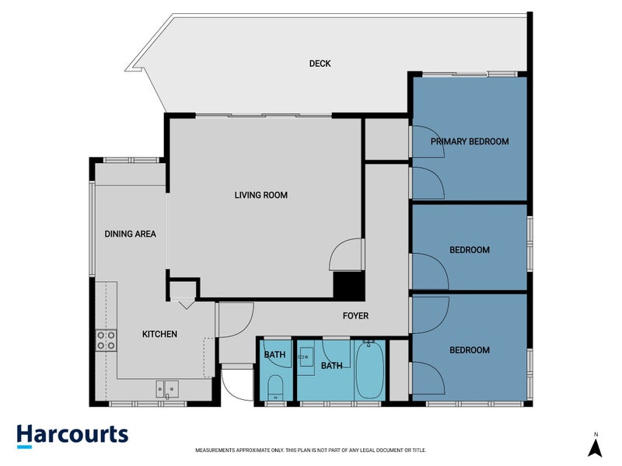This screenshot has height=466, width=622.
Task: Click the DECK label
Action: (320, 64)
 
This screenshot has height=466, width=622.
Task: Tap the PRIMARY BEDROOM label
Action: (470, 141)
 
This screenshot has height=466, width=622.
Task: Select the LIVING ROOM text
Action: (261, 195)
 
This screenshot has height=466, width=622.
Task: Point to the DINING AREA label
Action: (131, 234)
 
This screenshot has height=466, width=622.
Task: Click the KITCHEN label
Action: (159, 334)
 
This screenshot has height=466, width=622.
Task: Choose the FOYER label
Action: (355, 316)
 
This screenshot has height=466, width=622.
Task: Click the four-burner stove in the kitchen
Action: (106, 339)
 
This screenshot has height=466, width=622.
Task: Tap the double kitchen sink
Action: (166, 388)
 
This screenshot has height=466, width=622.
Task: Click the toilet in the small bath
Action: (275, 386)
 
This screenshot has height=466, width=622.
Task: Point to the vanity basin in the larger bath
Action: (306, 356)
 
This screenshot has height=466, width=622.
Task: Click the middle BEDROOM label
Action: (470, 250)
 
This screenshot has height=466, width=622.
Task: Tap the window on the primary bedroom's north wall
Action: (469, 74)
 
